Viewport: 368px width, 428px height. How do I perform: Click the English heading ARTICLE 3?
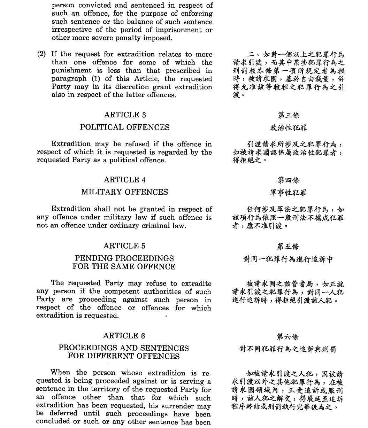(125, 115)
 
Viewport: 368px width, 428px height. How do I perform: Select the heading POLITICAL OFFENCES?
(125, 127)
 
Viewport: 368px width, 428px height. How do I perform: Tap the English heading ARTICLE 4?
(125, 180)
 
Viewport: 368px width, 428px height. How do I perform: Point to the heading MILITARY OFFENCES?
(124, 192)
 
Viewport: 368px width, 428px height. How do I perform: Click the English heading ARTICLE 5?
(124, 246)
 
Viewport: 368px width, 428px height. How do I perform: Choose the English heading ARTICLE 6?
(124, 336)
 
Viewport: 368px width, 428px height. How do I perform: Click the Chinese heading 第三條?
(288, 115)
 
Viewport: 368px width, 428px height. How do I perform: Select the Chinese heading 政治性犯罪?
(288, 128)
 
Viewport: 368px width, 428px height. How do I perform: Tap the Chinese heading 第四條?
(288, 180)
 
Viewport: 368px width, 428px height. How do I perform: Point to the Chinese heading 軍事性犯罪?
(288, 193)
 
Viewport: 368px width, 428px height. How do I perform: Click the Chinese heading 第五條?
(288, 247)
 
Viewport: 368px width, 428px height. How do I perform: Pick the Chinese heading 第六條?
(288, 337)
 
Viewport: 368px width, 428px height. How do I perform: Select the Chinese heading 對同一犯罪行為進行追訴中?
(288, 259)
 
